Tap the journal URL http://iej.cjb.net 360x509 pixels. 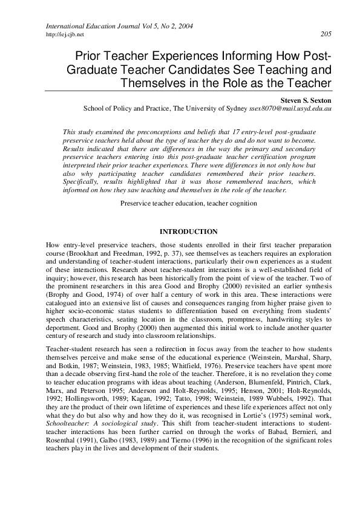tap(65, 34)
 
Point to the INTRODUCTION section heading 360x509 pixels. tap(188, 232)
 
